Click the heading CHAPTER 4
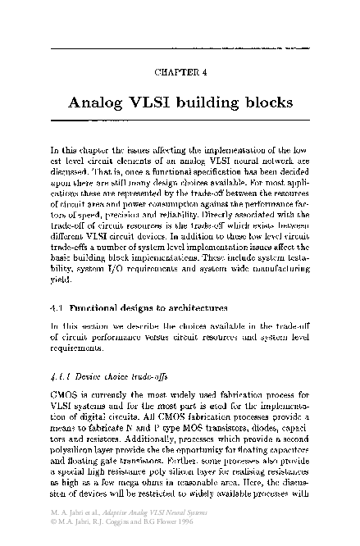(180, 71)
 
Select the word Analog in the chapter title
(102, 105)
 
